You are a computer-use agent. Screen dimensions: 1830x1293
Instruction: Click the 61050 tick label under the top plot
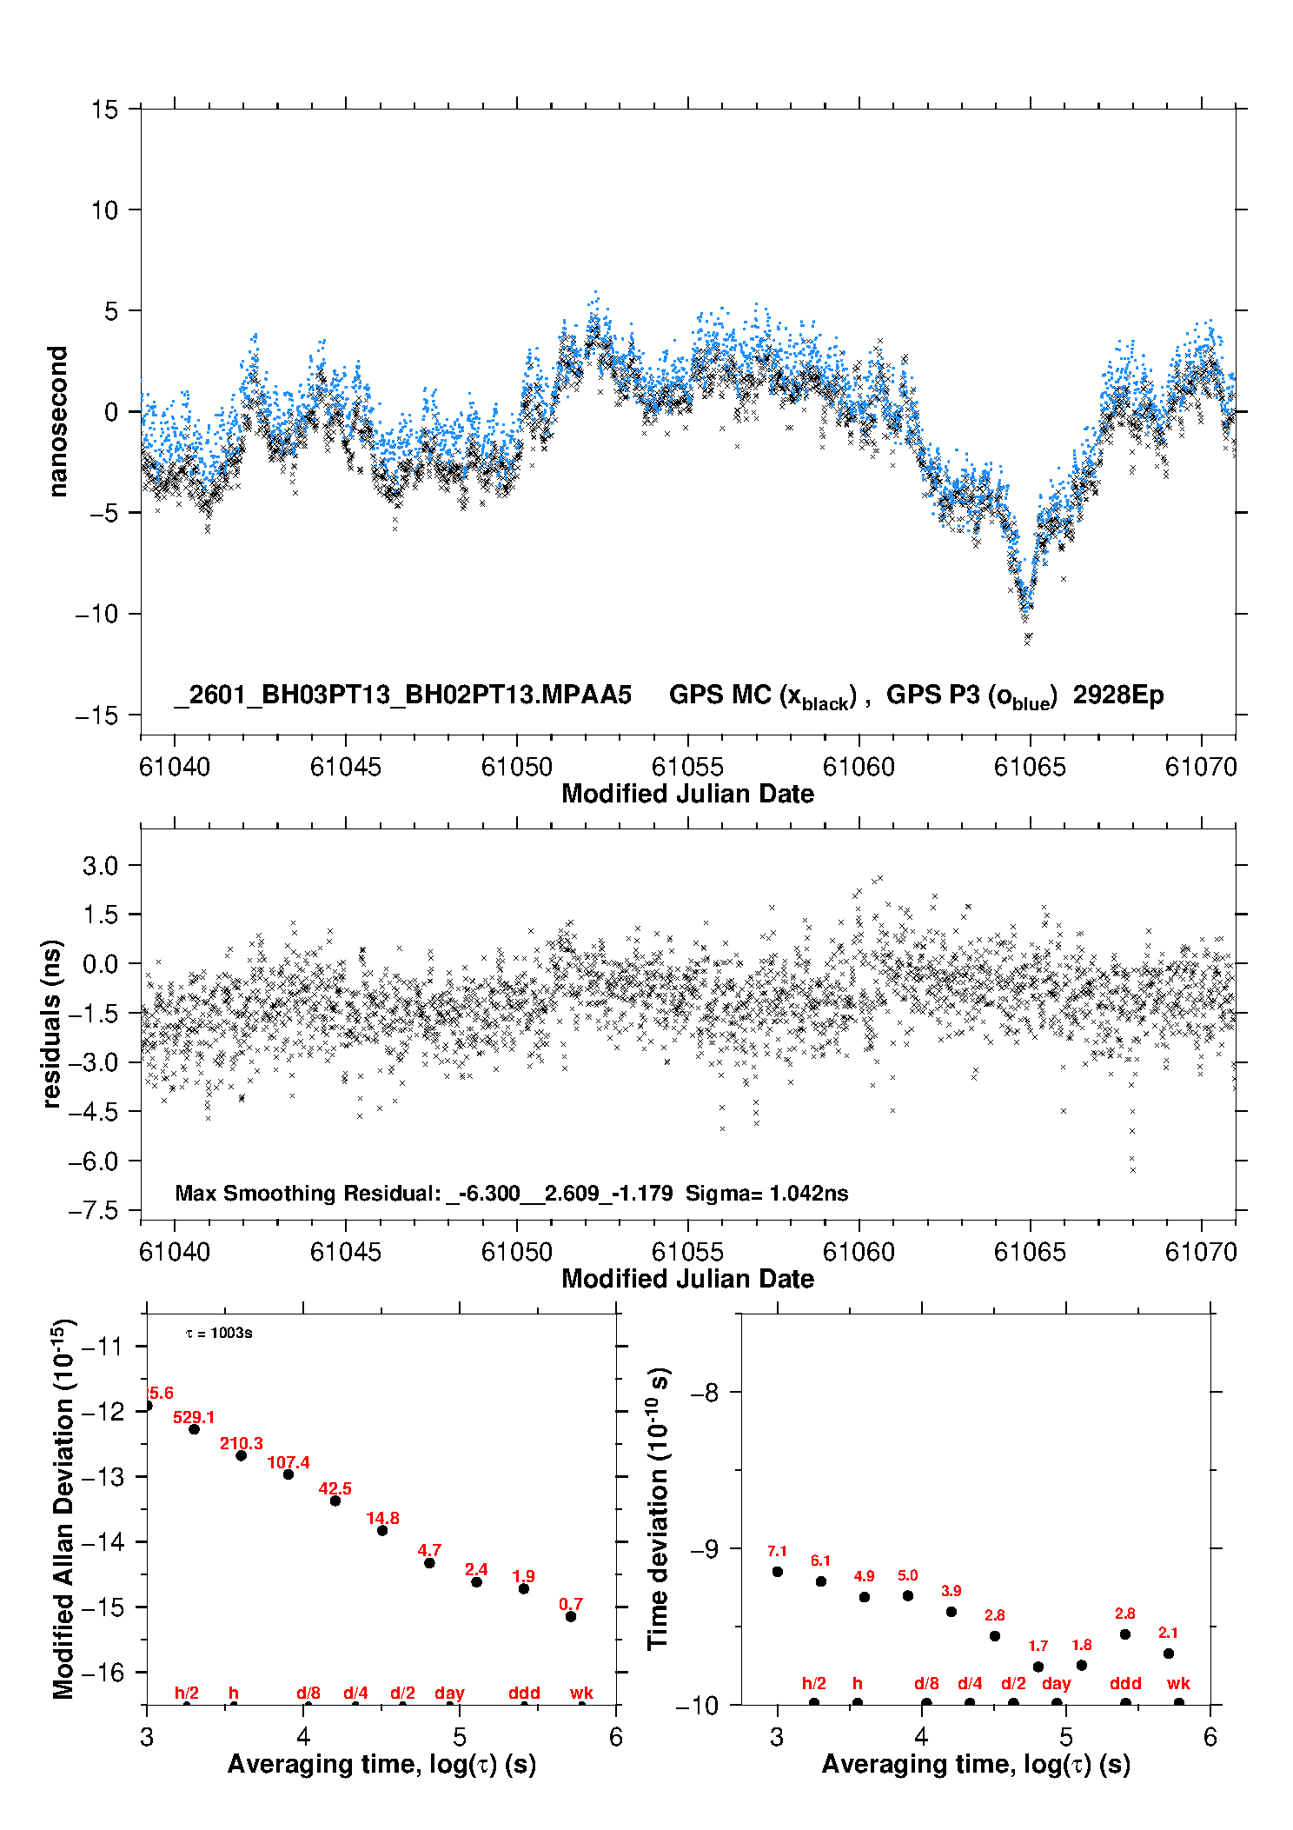[516, 767]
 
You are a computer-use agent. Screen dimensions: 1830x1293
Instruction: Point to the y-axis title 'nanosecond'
[57, 422]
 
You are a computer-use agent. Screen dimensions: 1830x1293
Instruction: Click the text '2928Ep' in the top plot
[1117, 695]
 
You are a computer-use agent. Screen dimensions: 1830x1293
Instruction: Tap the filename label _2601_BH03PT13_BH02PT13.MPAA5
[402, 695]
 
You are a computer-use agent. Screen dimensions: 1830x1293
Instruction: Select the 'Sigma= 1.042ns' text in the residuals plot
[766, 1193]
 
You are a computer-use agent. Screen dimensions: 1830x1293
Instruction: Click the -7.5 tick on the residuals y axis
[100, 1210]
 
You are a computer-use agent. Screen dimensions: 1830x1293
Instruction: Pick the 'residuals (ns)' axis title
[52, 1023]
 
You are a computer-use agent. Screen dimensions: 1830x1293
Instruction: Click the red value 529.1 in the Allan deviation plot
[193, 1417]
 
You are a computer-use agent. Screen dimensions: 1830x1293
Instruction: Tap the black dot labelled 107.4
[288, 1474]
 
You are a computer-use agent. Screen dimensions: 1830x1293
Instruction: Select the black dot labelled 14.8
[382, 1530]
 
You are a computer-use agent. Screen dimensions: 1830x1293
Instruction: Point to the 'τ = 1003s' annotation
[219, 1333]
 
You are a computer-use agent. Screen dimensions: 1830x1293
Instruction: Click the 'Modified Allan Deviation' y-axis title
[63, 1508]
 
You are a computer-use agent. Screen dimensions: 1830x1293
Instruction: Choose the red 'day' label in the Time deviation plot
[1056, 1683]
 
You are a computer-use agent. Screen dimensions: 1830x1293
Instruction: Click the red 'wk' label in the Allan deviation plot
[581, 1692]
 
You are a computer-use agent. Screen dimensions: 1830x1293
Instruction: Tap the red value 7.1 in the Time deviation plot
[777, 1551]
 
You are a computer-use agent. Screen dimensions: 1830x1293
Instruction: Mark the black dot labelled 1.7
[1038, 1667]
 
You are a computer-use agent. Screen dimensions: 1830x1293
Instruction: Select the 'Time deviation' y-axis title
[658, 1508]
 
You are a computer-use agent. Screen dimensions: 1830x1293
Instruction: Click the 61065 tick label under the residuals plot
[1030, 1252]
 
